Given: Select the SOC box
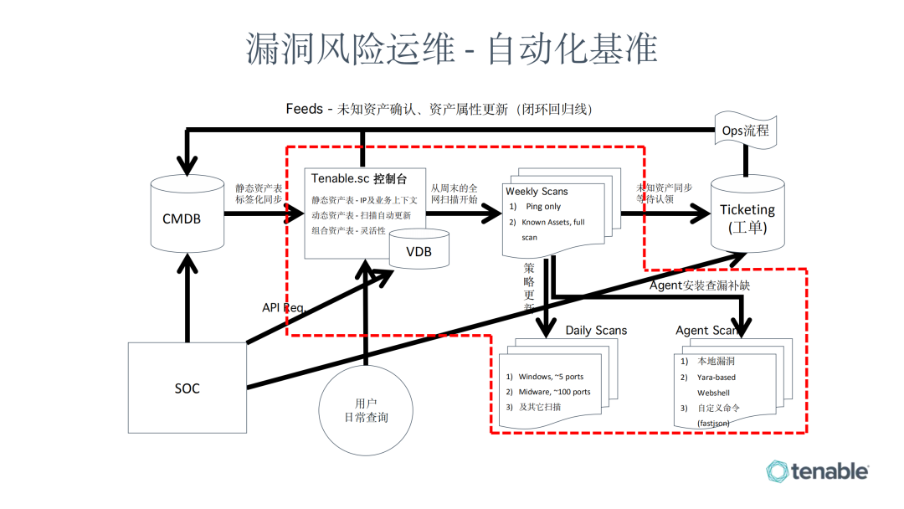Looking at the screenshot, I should pos(187,388).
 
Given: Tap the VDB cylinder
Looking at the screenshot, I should pos(419,251).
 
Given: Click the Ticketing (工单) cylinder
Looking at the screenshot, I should pos(747,216).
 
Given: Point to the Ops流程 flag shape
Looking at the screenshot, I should pos(745,131).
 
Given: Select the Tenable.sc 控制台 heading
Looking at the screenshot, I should pos(359,178).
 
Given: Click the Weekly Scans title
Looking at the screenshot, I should pos(537,192).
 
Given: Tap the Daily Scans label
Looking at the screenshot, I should pos(596,330).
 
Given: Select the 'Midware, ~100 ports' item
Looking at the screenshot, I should pos(553,392).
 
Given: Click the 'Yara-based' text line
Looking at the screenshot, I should pos(717,377).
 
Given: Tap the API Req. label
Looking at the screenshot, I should pos(285,307).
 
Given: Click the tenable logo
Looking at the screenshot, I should pos(817,471).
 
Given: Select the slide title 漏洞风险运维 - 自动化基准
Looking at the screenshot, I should pos(452,49).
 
